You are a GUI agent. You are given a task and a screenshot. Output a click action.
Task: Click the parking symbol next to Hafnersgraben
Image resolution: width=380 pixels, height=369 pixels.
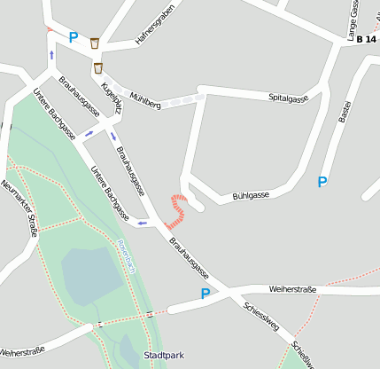(73, 38)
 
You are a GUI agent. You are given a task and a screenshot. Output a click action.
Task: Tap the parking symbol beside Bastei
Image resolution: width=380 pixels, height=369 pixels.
(322, 182)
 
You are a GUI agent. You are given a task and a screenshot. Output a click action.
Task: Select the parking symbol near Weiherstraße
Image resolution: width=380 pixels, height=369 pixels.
(205, 294)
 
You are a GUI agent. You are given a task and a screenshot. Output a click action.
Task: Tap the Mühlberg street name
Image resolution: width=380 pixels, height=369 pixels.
(145, 99)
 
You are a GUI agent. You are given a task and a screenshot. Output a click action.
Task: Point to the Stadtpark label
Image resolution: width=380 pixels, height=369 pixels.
(163, 356)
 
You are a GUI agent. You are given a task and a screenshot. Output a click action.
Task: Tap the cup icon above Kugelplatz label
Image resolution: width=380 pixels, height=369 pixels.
(98, 67)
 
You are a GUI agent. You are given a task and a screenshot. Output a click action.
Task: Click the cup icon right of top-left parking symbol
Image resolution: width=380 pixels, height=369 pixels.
(94, 42)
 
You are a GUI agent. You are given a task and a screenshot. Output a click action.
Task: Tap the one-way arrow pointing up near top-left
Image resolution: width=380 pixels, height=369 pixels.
(51, 55)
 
